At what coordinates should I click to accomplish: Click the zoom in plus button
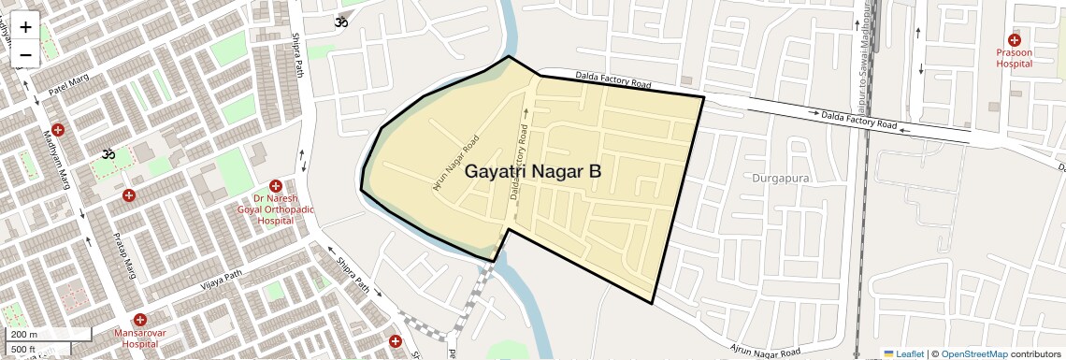(25, 27)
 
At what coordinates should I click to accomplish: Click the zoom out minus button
(25, 54)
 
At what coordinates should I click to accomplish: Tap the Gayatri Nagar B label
(533, 172)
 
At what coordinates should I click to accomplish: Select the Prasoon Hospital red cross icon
(1014, 38)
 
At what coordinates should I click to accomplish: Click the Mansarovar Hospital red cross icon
(139, 320)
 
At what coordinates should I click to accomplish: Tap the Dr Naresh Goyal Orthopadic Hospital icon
(275, 186)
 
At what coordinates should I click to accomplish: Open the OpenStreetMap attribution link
(973, 353)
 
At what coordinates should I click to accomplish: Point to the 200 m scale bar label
(24, 335)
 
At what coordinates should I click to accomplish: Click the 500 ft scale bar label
(24, 350)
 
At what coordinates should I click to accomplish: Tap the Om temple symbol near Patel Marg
(107, 152)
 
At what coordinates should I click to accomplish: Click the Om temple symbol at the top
(341, 22)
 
